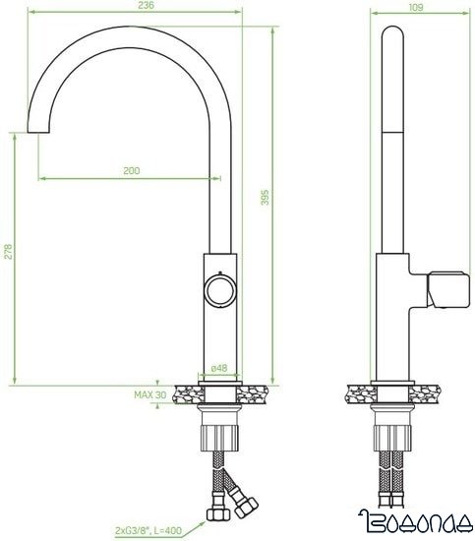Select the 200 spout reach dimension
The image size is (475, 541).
click(x=132, y=171)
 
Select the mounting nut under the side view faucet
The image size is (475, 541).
click(x=390, y=432)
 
